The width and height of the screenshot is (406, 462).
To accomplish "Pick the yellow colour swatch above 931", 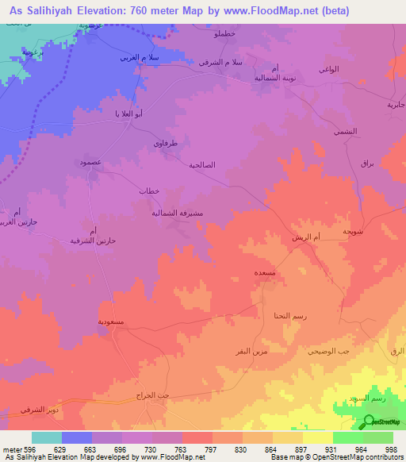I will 317,437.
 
